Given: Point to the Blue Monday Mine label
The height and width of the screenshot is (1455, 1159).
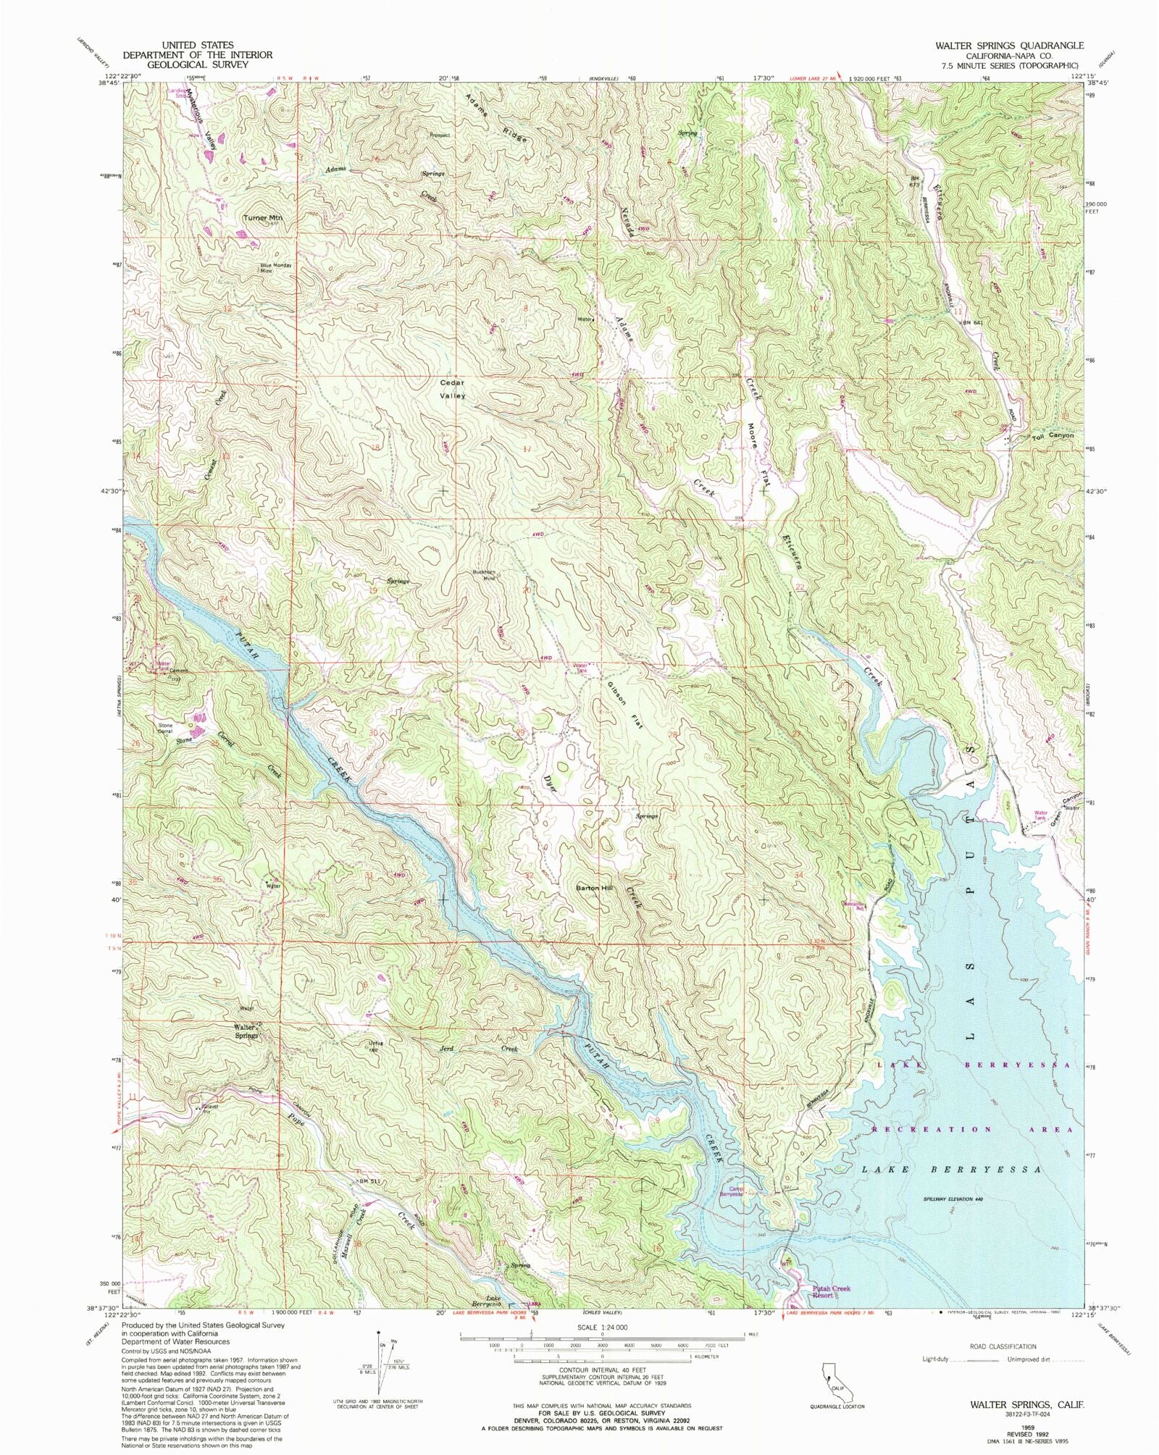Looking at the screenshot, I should click(276, 267).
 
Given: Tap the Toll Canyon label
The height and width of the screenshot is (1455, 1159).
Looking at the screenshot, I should click(1052, 436).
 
